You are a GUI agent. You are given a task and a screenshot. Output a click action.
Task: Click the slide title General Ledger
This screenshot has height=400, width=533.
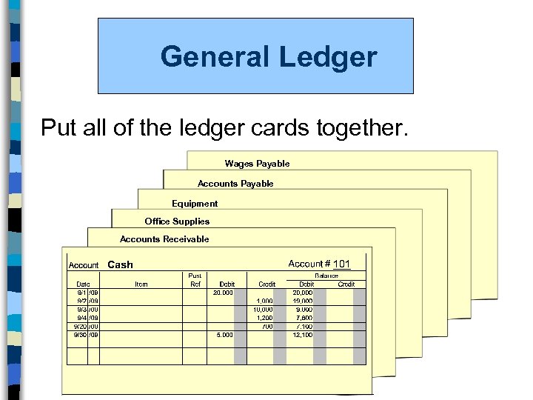point(269,56)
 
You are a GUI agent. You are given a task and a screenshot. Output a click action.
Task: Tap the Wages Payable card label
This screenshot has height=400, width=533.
point(257,164)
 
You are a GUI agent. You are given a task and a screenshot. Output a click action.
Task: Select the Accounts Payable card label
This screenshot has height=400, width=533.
point(235,184)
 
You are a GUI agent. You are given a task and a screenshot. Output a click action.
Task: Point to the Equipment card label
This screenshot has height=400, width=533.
point(195,204)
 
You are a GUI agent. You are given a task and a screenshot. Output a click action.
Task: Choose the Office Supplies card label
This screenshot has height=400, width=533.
point(177,221)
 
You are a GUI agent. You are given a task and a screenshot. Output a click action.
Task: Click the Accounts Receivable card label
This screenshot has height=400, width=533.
point(164,239)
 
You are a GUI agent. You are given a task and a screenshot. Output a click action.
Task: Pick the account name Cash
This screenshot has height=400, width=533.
point(121,264)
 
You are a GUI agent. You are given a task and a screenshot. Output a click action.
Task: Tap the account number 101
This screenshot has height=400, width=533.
point(341,264)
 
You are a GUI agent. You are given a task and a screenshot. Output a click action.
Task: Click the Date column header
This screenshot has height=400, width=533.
point(83,284)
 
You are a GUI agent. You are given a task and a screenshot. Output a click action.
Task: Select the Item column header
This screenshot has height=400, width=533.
point(141,284)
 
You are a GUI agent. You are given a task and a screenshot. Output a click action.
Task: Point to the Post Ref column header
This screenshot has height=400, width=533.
point(195,279)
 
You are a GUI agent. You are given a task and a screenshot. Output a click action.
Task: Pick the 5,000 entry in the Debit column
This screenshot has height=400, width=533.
point(224,335)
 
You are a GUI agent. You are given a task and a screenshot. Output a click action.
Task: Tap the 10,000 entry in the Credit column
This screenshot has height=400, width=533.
point(263,310)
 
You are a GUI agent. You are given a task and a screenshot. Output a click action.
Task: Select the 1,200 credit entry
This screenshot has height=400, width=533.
point(264,318)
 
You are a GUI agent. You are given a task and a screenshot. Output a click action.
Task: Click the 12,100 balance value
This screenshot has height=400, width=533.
point(303,335)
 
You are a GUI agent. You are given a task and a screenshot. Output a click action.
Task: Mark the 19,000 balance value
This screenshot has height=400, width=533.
point(303,301)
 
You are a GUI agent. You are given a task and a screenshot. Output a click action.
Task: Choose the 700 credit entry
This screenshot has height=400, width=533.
point(267,326)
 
